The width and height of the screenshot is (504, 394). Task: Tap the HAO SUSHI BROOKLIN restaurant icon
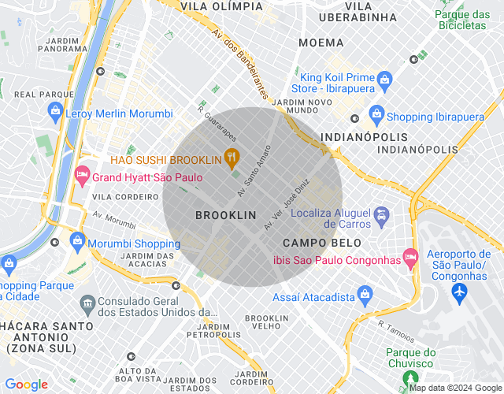click(231, 156)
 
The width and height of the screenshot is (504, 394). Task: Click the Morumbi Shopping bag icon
click(77, 240)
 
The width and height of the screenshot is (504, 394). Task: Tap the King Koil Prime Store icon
click(384, 80)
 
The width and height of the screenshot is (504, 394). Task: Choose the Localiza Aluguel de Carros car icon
click(382, 214)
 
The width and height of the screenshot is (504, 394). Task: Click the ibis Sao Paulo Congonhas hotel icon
click(409, 257)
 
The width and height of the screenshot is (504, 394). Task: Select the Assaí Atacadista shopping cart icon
click(365, 296)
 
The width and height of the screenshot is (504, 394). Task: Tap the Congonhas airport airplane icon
click(460, 292)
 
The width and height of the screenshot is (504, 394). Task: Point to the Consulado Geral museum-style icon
click(86, 303)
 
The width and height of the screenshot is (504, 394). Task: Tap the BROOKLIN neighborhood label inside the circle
click(226, 215)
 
